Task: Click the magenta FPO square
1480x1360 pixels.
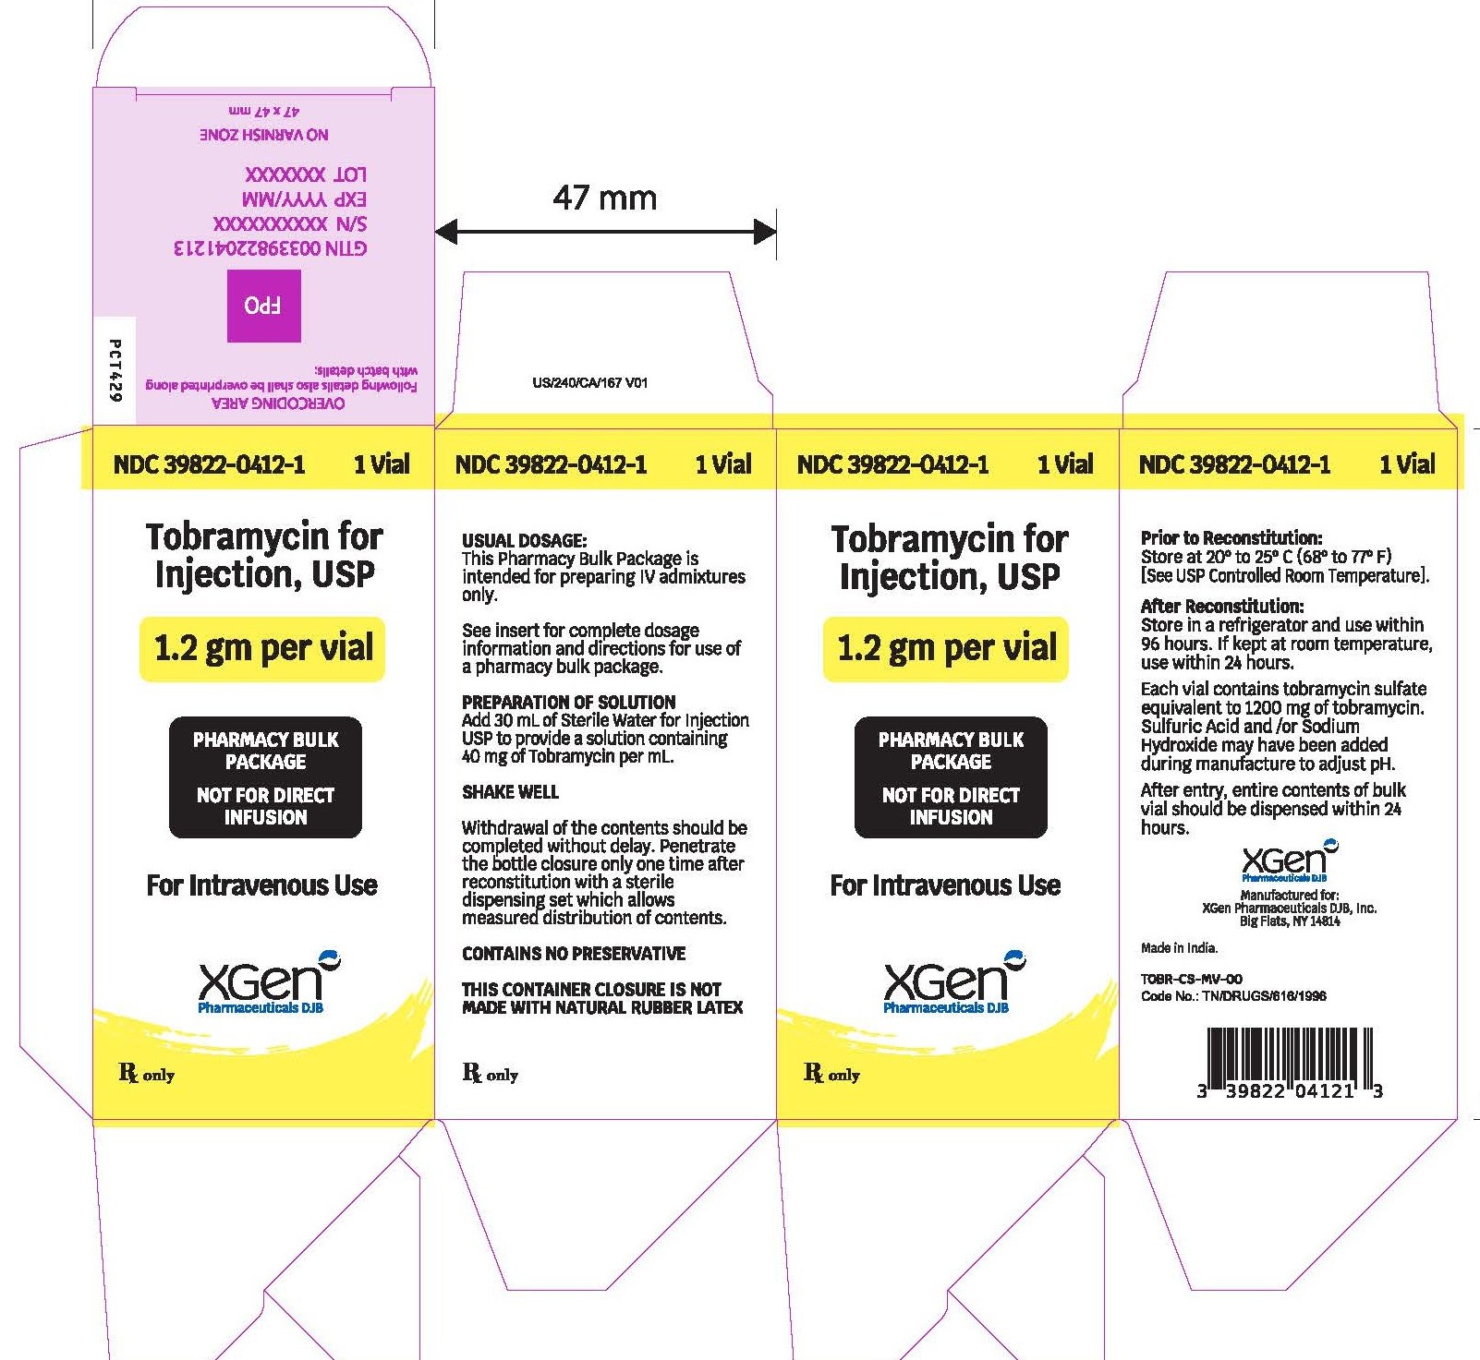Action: [264, 306]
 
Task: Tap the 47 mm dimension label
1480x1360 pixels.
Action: [604, 198]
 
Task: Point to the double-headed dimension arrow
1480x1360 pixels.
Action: [605, 233]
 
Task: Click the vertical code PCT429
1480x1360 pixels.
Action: [115, 370]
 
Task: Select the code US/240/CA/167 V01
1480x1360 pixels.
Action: [590, 382]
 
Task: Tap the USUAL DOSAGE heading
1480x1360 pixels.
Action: [524, 540]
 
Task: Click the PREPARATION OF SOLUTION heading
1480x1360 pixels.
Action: [568, 702]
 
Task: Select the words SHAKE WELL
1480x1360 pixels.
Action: [510, 791]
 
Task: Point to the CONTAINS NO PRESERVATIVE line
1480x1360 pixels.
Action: [574, 953]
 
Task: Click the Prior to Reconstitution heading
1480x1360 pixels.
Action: [1231, 537]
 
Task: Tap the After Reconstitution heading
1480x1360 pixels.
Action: [1222, 606]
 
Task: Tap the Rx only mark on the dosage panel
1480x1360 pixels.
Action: [490, 1073]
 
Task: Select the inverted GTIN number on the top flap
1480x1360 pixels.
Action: [270, 247]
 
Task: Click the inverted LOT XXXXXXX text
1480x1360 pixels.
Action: [306, 174]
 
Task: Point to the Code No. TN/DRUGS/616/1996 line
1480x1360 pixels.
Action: [1233, 995]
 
